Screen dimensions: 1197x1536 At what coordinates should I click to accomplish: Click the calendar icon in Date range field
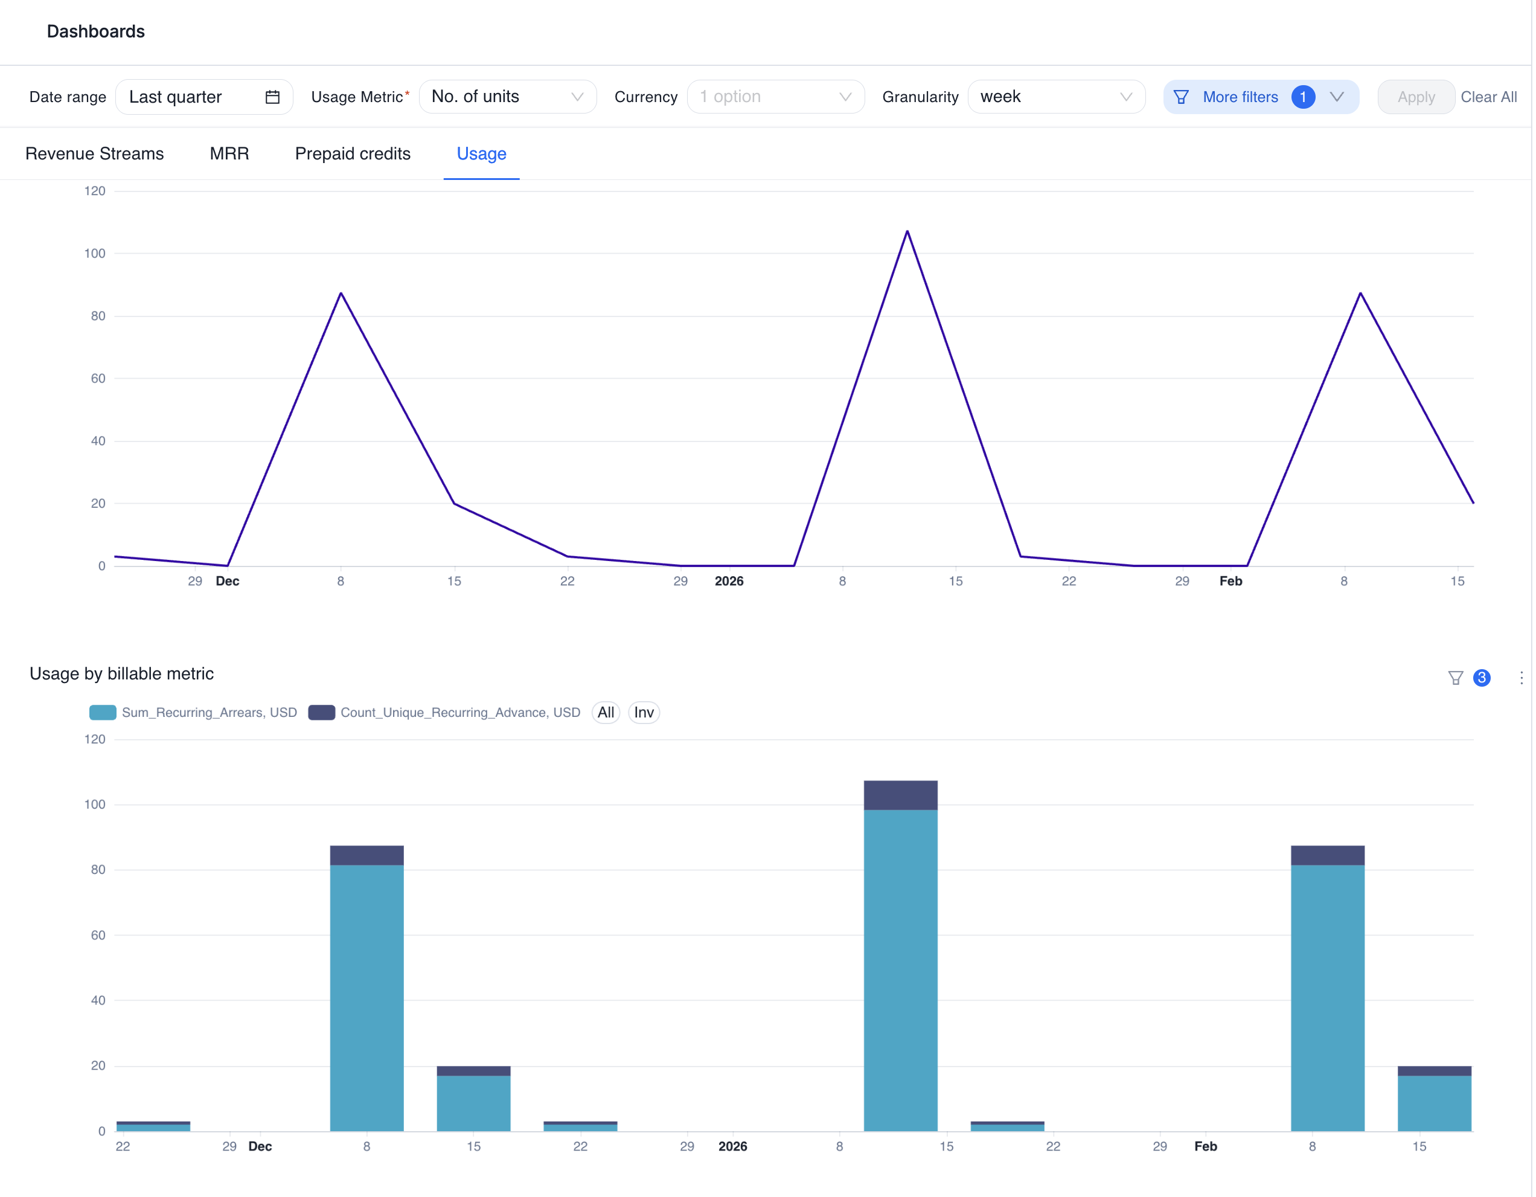272,97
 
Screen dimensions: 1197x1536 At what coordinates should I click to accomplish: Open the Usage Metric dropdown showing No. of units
507,97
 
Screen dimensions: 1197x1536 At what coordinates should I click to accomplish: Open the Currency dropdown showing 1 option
775,97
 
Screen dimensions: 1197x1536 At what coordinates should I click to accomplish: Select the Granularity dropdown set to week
1055,97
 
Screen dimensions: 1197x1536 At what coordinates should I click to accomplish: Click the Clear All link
1488,97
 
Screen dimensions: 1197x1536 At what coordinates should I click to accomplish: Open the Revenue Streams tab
94,154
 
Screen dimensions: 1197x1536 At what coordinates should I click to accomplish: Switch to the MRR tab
229,154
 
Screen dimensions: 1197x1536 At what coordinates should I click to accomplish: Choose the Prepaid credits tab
353,154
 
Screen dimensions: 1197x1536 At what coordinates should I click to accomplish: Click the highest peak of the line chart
907,231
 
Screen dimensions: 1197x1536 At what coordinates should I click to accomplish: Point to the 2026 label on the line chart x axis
729,581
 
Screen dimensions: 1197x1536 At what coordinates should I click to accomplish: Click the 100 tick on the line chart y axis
94,253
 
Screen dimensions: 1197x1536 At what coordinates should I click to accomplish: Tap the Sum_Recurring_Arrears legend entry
208,713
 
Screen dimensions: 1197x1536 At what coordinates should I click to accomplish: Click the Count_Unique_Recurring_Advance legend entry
459,713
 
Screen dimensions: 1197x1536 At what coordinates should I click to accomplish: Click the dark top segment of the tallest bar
900,795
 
